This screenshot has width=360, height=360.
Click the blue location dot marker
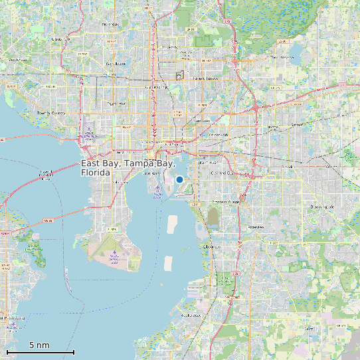click(x=179, y=179)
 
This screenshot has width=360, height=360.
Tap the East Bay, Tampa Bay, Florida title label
click(x=128, y=167)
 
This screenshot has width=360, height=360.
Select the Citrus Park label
click(x=60, y=39)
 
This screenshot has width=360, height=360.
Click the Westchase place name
click(x=18, y=59)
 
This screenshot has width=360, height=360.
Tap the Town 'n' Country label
click(x=51, y=113)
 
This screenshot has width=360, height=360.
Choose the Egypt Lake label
click(x=116, y=104)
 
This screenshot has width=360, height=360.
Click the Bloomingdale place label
click(x=323, y=207)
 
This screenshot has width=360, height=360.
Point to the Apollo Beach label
click(x=191, y=315)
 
